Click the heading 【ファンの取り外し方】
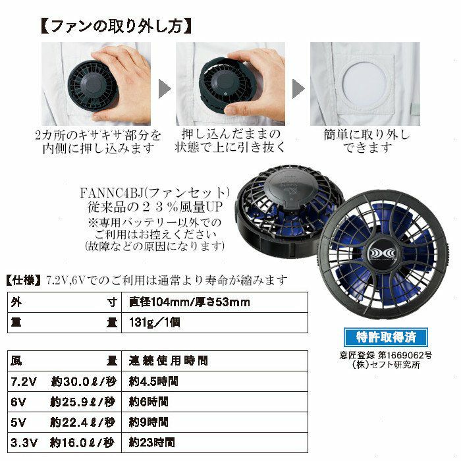point(116,27)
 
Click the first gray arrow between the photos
point(165,88)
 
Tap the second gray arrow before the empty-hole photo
point(298,88)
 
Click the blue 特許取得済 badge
point(385,337)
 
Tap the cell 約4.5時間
point(215,381)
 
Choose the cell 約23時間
point(215,443)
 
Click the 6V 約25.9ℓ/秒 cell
point(65,402)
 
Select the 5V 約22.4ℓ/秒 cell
point(65,423)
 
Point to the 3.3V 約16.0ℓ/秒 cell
point(65,443)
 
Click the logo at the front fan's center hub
point(383,254)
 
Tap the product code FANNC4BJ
point(112,193)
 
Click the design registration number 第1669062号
point(405,356)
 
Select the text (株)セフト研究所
point(386,365)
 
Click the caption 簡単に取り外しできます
point(367,141)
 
